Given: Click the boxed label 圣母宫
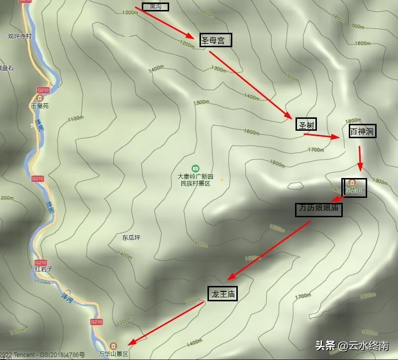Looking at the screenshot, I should pos(216,40).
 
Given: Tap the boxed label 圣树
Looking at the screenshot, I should pos(306,125).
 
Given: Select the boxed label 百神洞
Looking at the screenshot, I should pos(362,132).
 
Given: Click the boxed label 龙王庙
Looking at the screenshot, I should pos(222,294).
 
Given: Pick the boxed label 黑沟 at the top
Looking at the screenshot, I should pos(156,6).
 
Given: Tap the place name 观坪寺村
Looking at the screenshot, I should pos(19,36).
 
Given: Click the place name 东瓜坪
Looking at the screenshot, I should pos(131,238).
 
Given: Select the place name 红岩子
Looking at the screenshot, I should pos(43,269).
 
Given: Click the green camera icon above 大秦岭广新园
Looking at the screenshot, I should pos(196,169).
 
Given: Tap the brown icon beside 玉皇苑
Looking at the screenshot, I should pos(40,98).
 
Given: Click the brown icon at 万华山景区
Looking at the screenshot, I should pos(113,346).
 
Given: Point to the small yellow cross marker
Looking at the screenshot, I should pos(222,180).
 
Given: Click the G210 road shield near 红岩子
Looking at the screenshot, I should pos(41,263).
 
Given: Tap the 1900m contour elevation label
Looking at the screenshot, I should pos(380,182).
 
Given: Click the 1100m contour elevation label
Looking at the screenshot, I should pos(76,118).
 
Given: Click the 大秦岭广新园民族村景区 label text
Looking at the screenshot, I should pos(196,180).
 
